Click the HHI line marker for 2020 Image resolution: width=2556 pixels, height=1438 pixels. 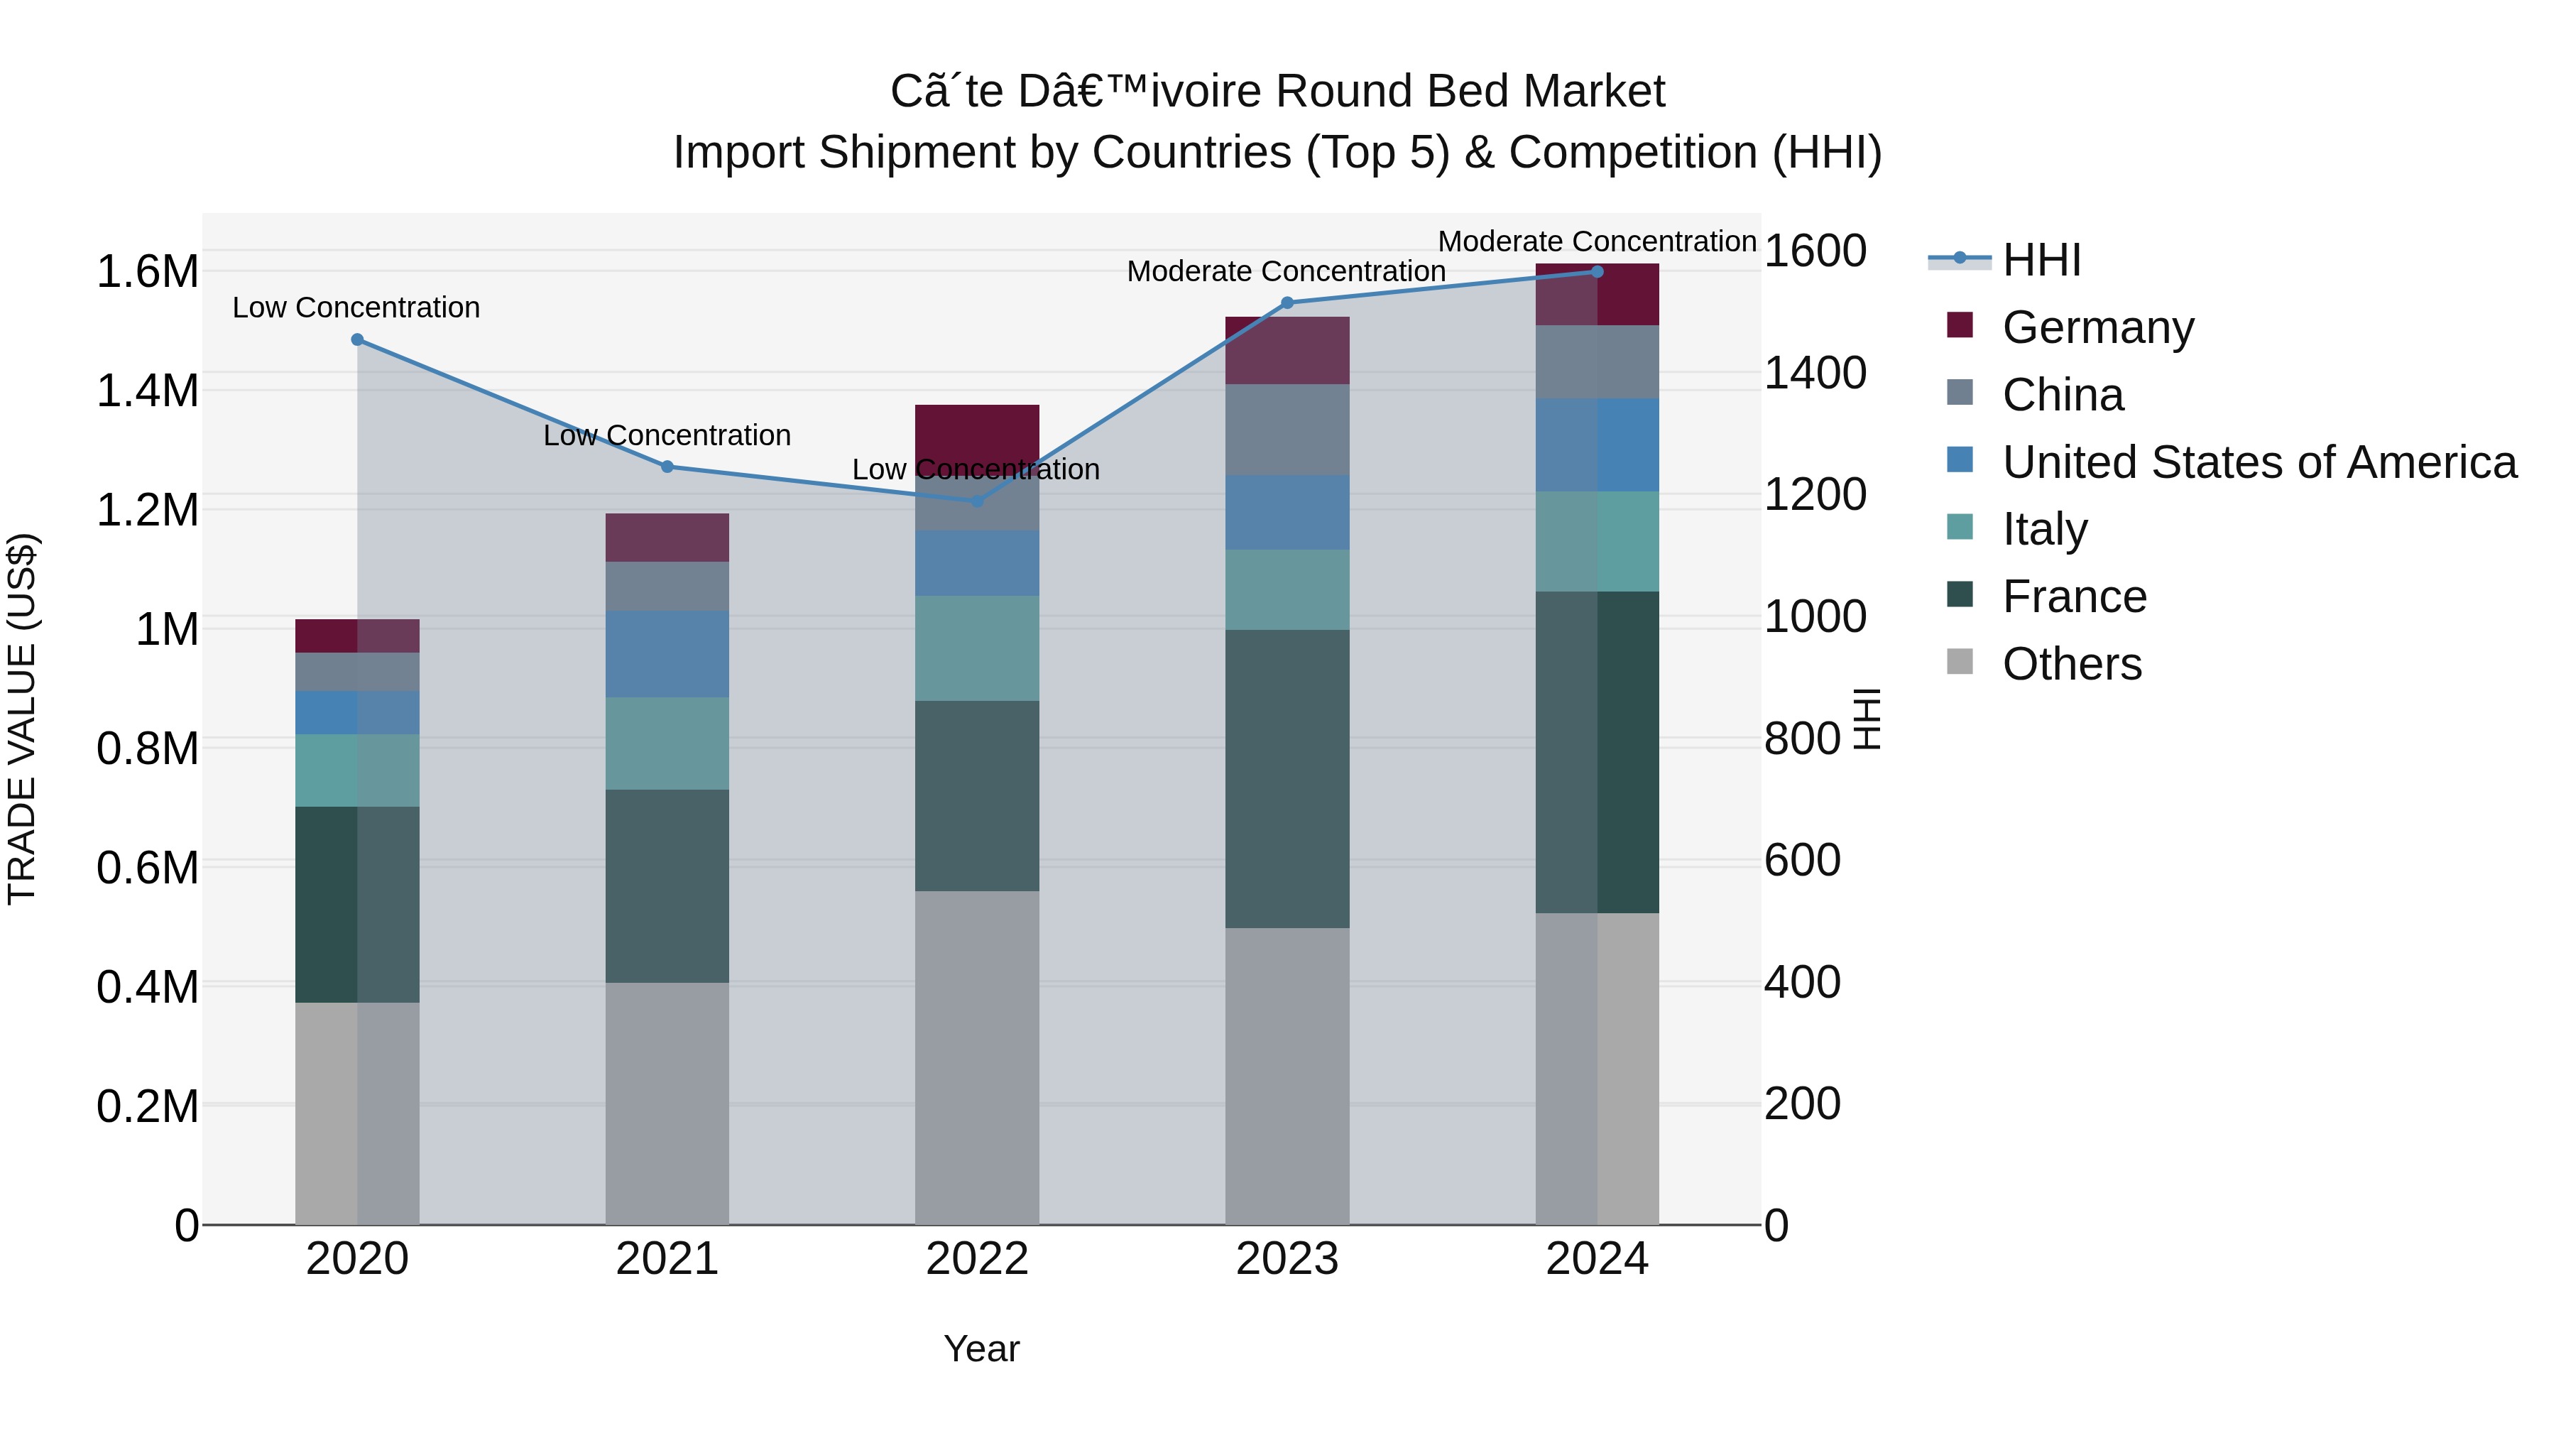[357, 339]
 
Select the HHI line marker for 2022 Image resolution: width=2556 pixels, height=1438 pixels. [976, 501]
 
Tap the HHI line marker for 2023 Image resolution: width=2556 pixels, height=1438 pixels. [1287, 303]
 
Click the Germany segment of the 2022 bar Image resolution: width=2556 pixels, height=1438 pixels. [976, 432]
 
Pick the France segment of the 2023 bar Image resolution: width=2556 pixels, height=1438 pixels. [1287, 779]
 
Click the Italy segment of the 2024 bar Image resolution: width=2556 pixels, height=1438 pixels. [1597, 542]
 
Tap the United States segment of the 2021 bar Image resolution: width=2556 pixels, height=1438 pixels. [667, 654]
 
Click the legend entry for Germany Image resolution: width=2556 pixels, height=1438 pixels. [2097, 327]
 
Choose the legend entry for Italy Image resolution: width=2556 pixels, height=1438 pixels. [2044, 529]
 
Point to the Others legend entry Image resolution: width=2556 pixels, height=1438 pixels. [2071, 664]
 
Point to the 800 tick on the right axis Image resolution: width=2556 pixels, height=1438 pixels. [1802, 739]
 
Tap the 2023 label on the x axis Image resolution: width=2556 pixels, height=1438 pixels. [1287, 1259]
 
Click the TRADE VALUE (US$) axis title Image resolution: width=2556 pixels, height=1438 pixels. [22, 719]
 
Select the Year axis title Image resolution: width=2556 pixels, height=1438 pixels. [981, 1349]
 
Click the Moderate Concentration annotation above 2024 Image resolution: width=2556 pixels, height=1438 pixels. [1597, 241]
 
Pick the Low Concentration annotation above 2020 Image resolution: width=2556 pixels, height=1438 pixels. [356, 307]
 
